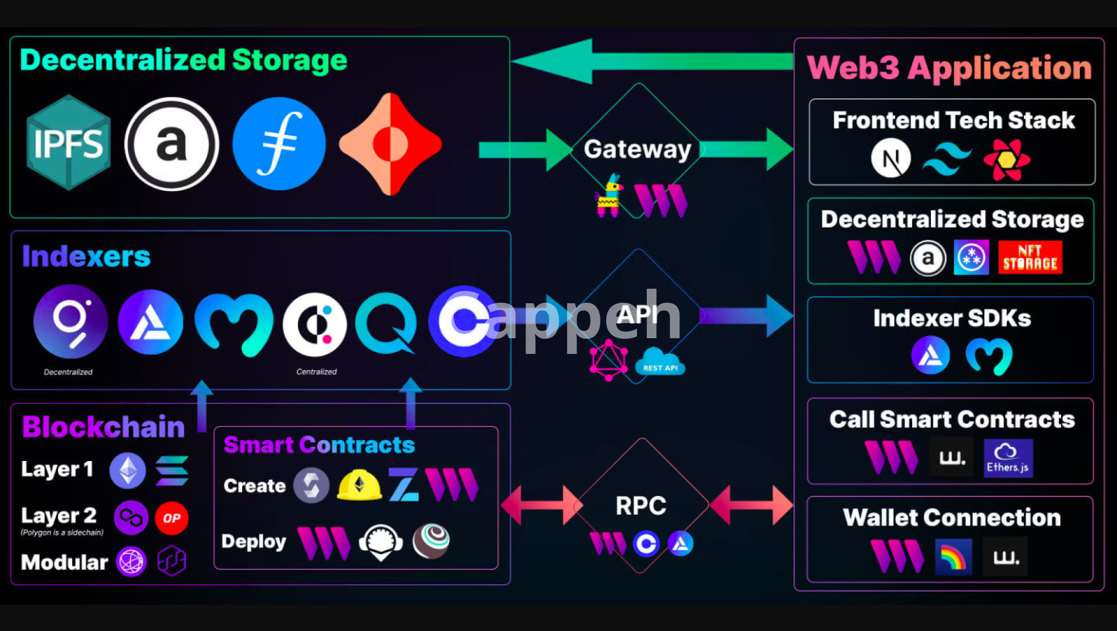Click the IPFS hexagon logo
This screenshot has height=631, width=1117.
coord(69,143)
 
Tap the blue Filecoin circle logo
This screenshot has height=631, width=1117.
coord(279,144)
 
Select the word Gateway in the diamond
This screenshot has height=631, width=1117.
coord(638,150)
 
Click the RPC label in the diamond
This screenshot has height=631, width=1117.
coord(641,506)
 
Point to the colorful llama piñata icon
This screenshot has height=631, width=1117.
coord(609,196)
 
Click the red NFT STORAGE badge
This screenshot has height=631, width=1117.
coord(1030,257)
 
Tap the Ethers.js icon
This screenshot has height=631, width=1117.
coord(1008,458)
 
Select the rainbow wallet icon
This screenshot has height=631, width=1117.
coord(953,557)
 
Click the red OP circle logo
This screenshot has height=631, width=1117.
coord(172,518)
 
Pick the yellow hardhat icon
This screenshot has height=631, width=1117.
coord(360,485)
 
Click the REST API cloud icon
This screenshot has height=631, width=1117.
coord(660,362)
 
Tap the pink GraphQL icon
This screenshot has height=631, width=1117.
coord(609,360)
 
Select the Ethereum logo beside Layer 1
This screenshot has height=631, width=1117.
coord(128,470)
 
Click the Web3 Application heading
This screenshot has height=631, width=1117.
coord(949,68)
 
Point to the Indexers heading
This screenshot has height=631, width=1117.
coord(86,256)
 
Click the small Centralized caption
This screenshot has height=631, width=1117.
coord(316,372)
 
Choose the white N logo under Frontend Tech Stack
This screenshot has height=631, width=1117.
coord(891,158)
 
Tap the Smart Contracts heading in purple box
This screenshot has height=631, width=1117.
coord(319,445)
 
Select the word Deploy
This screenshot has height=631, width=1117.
coord(254,541)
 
